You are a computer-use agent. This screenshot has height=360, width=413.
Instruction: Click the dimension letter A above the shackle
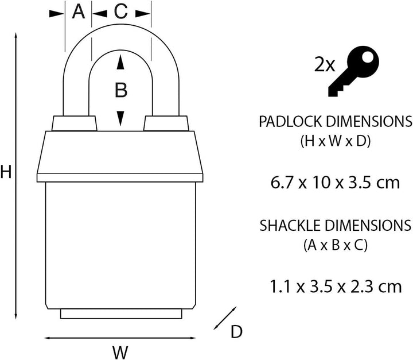pos(78,12)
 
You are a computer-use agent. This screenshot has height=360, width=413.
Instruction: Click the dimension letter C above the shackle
pos(121,12)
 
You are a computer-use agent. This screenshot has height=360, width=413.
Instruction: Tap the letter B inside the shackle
pos(120,90)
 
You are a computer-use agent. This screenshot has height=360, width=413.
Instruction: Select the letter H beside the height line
pos(6,172)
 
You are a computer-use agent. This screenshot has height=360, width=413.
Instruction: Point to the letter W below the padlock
pos(120,351)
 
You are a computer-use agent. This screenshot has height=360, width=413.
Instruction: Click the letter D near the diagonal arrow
pos(236,331)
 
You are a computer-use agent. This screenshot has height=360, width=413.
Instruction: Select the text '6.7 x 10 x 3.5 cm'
pos(335,183)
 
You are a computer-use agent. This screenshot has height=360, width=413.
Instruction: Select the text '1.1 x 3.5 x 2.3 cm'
pos(335,285)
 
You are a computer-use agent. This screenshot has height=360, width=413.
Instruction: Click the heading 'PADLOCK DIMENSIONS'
pos(335,122)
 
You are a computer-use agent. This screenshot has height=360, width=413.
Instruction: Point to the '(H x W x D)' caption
pos(335,142)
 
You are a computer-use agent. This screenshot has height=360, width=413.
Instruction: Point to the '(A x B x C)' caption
pos(335,245)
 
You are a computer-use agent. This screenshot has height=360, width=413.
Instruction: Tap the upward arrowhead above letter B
pos(120,63)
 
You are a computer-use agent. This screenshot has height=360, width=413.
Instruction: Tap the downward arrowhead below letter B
pos(120,118)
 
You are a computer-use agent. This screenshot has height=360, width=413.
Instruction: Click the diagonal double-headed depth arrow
pos(225,318)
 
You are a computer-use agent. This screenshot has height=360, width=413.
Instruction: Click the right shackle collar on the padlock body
pos(166,123)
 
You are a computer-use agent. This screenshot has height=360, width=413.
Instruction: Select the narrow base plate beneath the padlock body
pos(120,314)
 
